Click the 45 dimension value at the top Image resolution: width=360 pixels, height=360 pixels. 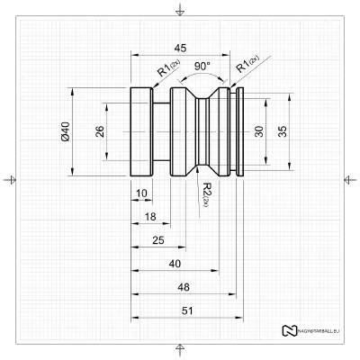click(181, 48)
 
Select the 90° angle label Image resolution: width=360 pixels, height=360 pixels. click(202, 66)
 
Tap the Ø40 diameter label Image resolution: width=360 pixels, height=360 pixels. click(66, 131)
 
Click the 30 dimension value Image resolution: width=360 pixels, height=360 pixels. click(259, 131)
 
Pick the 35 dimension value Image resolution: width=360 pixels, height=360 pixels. click(283, 131)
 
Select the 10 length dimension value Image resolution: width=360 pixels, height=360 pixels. click(140, 193)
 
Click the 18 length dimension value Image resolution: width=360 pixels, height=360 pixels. click(149, 217)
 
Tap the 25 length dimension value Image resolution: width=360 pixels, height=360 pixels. click(157, 240)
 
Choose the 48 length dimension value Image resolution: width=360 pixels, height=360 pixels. click(184, 287)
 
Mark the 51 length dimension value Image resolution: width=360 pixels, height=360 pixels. click(186, 310)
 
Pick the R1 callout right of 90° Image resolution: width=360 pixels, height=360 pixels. click(244, 63)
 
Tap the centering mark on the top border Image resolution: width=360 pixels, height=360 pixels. click(181, 10)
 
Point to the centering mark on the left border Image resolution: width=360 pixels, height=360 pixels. click(10, 179)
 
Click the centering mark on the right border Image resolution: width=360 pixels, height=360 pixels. click(350, 179)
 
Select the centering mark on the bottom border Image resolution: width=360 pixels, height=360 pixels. click(181, 349)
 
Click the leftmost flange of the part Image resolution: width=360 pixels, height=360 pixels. click(141, 131)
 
